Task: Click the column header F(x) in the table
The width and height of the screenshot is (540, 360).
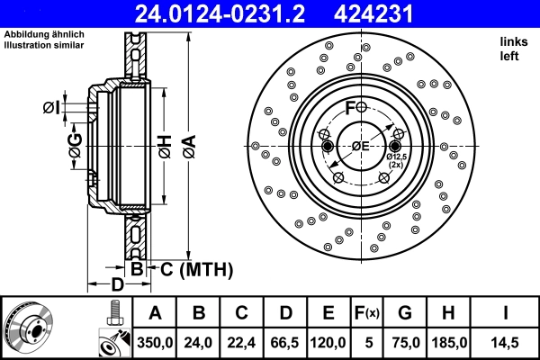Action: pos(366,314)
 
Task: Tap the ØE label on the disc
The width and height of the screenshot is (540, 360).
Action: pos(360,147)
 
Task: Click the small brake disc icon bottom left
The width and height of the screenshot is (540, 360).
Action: pos(29,326)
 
